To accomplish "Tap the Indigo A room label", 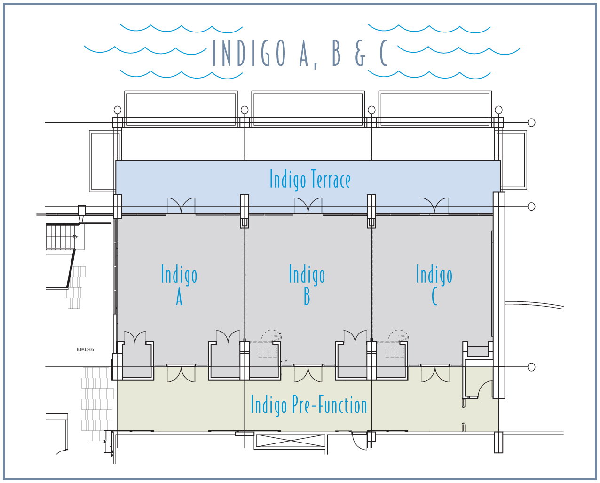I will pyautogui.click(x=179, y=285).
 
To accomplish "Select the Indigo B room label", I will pyautogui.click(x=307, y=285).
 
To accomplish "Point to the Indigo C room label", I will pyautogui.click(x=434, y=285).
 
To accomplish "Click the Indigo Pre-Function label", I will pyautogui.click(x=308, y=405).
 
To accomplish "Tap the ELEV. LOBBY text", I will pyautogui.click(x=86, y=350).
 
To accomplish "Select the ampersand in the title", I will pyautogui.click(x=360, y=53).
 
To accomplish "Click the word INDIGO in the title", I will pyautogui.click(x=249, y=53).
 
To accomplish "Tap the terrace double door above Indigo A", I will pyautogui.click(x=182, y=206).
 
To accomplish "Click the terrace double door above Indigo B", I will pyautogui.click(x=308, y=206).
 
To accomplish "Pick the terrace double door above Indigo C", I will pyautogui.click(x=434, y=206).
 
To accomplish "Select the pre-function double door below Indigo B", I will pyautogui.click(x=308, y=373).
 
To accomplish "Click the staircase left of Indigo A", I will pyautogui.click(x=60, y=237).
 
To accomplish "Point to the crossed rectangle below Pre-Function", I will pyautogui.click(x=290, y=442).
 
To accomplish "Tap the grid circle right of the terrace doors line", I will pyautogui.click(x=531, y=206).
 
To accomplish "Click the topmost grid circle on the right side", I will pyautogui.click(x=531, y=122).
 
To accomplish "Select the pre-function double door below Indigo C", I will pyautogui.click(x=435, y=373).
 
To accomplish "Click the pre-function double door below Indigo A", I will pyautogui.click(x=181, y=373).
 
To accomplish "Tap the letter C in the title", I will pyautogui.click(x=383, y=53).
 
